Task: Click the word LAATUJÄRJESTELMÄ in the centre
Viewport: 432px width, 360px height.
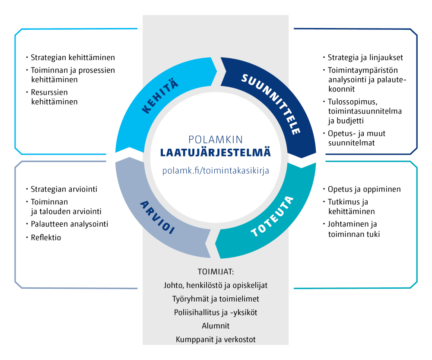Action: (x=216, y=153)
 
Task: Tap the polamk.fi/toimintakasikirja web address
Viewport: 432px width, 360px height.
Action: (x=216, y=170)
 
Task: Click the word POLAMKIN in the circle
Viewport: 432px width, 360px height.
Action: (x=216, y=139)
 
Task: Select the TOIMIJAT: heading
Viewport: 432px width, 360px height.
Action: (x=216, y=272)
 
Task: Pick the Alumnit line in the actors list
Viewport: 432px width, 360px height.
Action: (x=216, y=326)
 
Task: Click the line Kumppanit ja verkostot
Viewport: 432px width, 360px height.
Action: (x=216, y=339)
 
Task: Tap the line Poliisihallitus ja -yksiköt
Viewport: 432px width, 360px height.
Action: (x=216, y=312)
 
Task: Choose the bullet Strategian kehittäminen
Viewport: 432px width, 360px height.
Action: (x=73, y=57)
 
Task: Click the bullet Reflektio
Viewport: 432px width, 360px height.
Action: (x=46, y=237)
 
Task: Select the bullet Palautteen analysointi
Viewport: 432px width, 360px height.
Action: (x=69, y=224)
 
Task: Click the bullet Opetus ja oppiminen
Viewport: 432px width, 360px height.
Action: (x=364, y=189)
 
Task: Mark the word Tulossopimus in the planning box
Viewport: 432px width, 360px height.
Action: (x=351, y=102)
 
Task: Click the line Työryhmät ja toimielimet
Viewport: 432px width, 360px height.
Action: (x=216, y=299)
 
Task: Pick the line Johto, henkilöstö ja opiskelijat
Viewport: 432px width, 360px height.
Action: (x=216, y=286)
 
